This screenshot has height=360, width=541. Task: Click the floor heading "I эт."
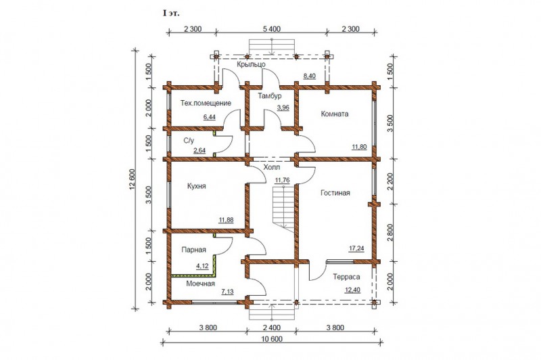point(171,14)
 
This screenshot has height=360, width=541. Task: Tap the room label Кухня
point(196,186)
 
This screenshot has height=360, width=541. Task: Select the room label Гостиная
point(335,193)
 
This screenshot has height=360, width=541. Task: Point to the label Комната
point(334,114)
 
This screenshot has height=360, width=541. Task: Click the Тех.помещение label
point(206,104)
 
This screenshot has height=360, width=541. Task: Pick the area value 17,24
point(356,248)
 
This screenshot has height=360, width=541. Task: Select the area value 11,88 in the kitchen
point(226,219)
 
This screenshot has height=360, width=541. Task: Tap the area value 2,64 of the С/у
point(199,150)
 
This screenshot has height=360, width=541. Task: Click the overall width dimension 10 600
point(272,339)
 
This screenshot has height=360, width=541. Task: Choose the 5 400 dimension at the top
point(272,29)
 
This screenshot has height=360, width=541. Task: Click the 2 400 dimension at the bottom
point(272,328)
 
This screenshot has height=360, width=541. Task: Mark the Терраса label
point(346,277)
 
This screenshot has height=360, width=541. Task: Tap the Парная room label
point(193,250)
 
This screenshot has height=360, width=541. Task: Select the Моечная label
point(200,284)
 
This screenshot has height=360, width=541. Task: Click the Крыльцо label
point(251,64)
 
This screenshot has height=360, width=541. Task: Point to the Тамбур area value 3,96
point(283,108)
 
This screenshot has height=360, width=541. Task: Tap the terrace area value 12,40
point(352,290)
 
